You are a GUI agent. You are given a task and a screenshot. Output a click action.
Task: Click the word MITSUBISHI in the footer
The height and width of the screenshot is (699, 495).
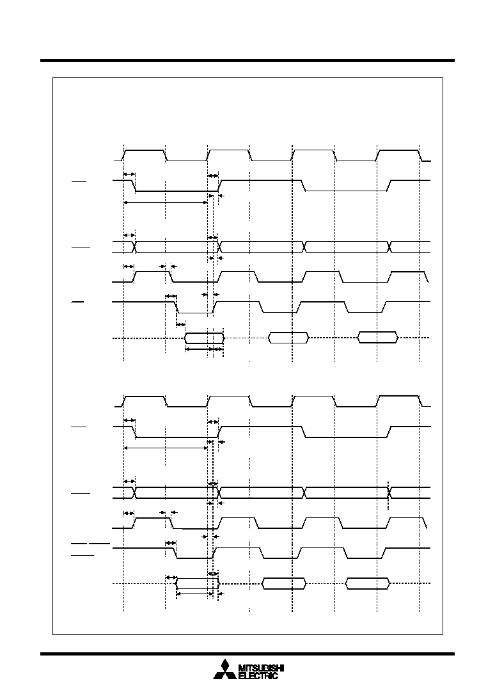[262, 668]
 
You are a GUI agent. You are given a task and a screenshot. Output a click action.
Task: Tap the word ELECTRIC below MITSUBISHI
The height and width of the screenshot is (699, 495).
[258, 676]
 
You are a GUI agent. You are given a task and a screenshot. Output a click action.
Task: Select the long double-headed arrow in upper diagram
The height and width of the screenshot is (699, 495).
[166, 202]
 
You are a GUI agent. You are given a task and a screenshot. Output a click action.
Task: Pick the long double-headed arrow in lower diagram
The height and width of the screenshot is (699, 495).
[166, 448]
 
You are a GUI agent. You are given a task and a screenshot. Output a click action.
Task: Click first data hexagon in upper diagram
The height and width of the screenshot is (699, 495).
[204, 338]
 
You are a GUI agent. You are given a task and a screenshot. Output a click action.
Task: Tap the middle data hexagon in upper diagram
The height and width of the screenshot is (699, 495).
[288, 338]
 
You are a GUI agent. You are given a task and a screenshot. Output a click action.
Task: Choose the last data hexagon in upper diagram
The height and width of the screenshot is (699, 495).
[378, 338]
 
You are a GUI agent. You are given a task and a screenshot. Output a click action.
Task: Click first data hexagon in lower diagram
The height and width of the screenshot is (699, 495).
[198, 583]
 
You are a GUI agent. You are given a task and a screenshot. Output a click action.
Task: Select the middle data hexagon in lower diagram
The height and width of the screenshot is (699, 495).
[284, 583]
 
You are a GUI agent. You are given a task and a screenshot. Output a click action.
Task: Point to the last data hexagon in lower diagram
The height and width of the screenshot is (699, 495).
[368, 583]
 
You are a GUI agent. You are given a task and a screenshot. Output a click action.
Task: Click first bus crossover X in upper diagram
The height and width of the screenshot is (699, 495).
[134, 247]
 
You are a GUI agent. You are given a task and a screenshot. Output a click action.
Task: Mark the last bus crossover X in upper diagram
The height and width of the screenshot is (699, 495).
[389, 247]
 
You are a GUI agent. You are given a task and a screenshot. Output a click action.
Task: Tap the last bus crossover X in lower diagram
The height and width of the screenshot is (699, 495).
[389, 492]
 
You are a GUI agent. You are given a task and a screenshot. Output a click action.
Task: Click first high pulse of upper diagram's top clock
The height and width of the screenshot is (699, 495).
[145, 151]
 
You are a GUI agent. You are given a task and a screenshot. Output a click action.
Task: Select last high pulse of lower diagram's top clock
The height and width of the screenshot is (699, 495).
[399, 396]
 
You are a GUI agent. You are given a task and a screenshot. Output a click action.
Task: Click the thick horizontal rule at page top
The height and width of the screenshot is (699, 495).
[247, 60]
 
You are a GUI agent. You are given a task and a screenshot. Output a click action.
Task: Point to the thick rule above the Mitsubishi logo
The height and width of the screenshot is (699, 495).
[247, 654]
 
